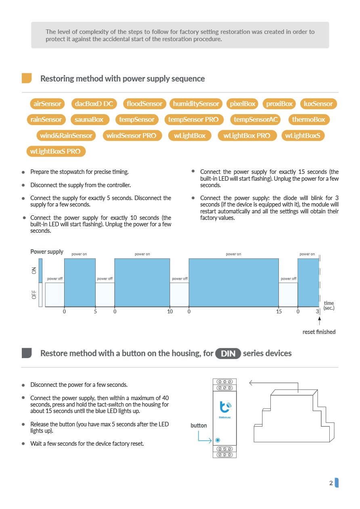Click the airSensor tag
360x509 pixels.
(x=47, y=104)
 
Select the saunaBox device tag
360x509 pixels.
(x=89, y=119)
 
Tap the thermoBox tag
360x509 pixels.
(x=308, y=119)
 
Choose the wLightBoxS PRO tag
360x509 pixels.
(x=55, y=152)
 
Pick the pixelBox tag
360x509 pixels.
(x=243, y=104)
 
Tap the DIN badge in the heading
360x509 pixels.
(x=228, y=354)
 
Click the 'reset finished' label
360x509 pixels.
(x=319, y=332)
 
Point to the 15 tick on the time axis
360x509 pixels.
(x=279, y=312)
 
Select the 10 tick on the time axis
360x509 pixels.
(x=170, y=312)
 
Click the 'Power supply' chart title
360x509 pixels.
(x=47, y=252)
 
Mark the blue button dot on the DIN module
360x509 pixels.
(x=218, y=440)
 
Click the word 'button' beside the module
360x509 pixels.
(x=199, y=426)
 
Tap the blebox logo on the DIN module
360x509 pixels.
(x=224, y=406)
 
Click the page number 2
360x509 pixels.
(x=331, y=483)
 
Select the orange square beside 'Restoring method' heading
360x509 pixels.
(x=27, y=78)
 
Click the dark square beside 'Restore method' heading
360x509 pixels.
(x=27, y=353)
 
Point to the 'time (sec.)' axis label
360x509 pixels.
(x=329, y=305)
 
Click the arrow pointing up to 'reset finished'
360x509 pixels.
(x=319, y=321)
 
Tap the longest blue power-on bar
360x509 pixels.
(x=234, y=282)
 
